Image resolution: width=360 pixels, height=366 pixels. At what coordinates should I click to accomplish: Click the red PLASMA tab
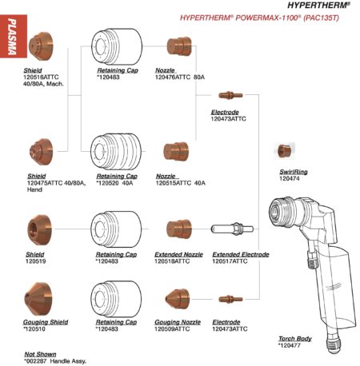point(14,36)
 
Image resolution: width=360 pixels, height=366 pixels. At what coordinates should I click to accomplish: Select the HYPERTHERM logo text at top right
point(318,5)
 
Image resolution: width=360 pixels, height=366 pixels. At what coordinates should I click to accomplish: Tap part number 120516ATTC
point(41,78)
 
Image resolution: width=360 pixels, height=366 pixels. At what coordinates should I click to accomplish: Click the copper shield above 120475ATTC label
point(42,152)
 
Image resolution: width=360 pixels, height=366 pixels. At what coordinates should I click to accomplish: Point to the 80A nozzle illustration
point(179,46)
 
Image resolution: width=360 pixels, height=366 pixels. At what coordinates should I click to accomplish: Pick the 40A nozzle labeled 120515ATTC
point(176,152)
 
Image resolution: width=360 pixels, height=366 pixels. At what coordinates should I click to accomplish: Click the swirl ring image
point(284,151)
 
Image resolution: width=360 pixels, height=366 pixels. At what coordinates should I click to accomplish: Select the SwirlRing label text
point(294,172)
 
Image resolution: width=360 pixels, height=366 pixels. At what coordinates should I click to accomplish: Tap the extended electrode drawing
point(232,229)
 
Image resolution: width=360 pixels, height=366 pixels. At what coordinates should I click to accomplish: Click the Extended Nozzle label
point(178,254)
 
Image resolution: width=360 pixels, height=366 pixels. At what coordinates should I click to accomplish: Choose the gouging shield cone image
point(38,299)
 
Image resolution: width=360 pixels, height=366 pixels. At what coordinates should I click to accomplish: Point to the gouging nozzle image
point(178,299)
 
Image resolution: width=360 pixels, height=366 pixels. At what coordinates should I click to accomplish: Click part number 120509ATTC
point(172,329)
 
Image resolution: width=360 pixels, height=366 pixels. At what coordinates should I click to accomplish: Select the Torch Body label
point(295,339)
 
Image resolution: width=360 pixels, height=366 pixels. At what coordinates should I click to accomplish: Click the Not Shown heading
point(40,354)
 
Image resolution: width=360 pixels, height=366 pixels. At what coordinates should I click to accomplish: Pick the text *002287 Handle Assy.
point(55,361)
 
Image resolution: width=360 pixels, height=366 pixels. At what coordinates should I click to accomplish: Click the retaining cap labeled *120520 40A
point(116,152)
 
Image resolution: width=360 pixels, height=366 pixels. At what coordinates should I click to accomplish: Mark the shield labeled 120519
point(39,230)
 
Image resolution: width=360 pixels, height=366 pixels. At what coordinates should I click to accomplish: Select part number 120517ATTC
point(230,261)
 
